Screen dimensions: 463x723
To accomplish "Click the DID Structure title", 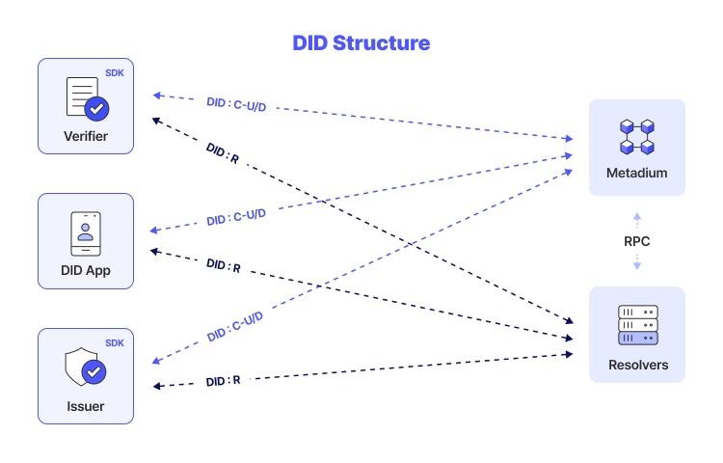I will [361, 43].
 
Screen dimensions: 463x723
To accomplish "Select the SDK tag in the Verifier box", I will [115, 72].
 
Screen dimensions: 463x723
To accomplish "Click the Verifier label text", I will [86, 136].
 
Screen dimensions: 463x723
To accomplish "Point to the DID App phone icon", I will [86, 233].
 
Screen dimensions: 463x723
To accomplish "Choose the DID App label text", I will [86, 271].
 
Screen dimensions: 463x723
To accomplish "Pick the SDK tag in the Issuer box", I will [115, 342].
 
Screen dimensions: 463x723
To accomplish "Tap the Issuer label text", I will [86, 406].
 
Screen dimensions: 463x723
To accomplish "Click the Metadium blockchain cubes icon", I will [637, 137].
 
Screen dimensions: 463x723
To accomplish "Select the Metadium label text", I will [637, 175].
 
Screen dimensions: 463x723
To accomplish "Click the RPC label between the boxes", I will [637, 240].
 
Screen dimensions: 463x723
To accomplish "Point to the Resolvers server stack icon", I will [637, 325].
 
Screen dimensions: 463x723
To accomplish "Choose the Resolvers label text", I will [637, 366].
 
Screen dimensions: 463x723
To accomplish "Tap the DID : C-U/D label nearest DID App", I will [236, 216].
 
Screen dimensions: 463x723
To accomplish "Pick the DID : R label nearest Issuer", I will [223, 381].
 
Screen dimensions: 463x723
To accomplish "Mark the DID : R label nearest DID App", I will [223, 265].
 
